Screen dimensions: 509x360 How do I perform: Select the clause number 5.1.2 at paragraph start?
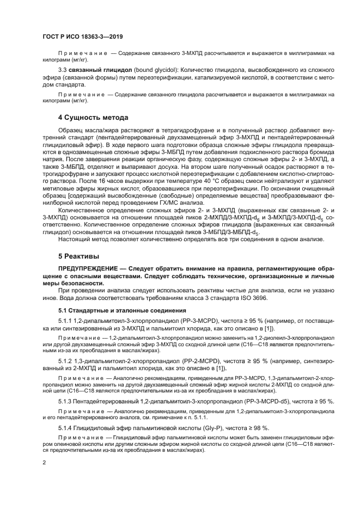66,360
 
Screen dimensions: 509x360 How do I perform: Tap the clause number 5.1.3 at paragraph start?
66,401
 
